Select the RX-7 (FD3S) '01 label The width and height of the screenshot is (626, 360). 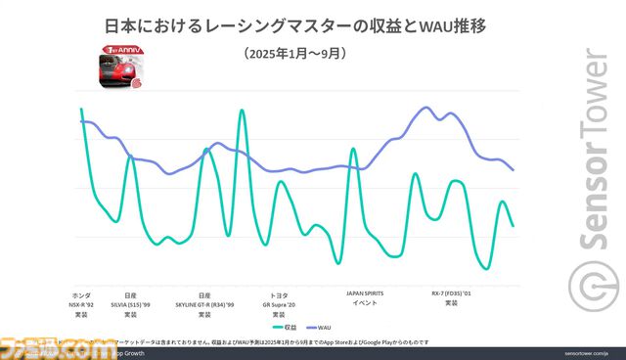(451, 297)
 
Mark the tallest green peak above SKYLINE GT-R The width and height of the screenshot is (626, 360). (241, 111)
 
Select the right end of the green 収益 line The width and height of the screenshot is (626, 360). (514, 226)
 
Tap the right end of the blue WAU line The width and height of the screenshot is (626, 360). (514, 170)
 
